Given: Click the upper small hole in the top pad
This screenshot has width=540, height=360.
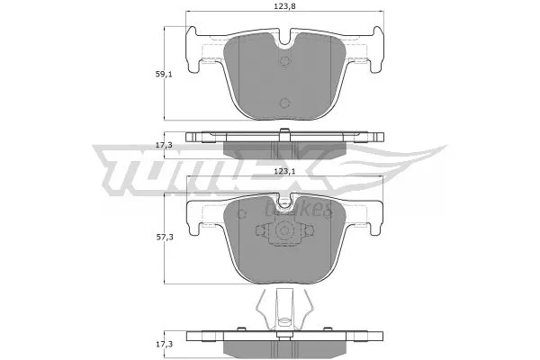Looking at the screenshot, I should pyautogui.click(x=284, y=62).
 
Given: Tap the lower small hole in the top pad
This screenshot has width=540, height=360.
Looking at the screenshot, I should pyautogui.click(x=284, y=102).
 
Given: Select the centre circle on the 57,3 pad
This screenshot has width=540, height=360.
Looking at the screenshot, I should pyautogui.click(x=284, y=232).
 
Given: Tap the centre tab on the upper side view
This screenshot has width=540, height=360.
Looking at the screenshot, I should pyautogui.click(x=284, y=134).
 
